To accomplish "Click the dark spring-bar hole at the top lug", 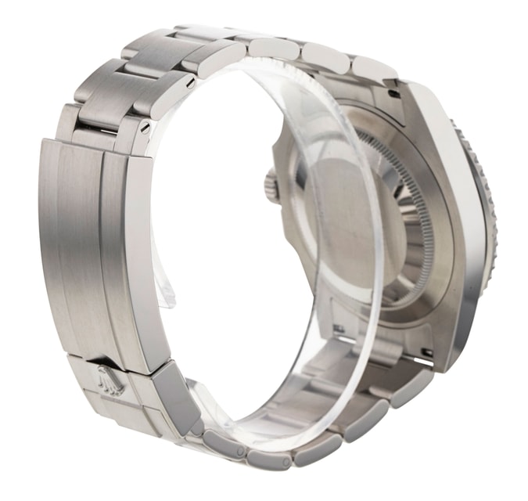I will (393, 93).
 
